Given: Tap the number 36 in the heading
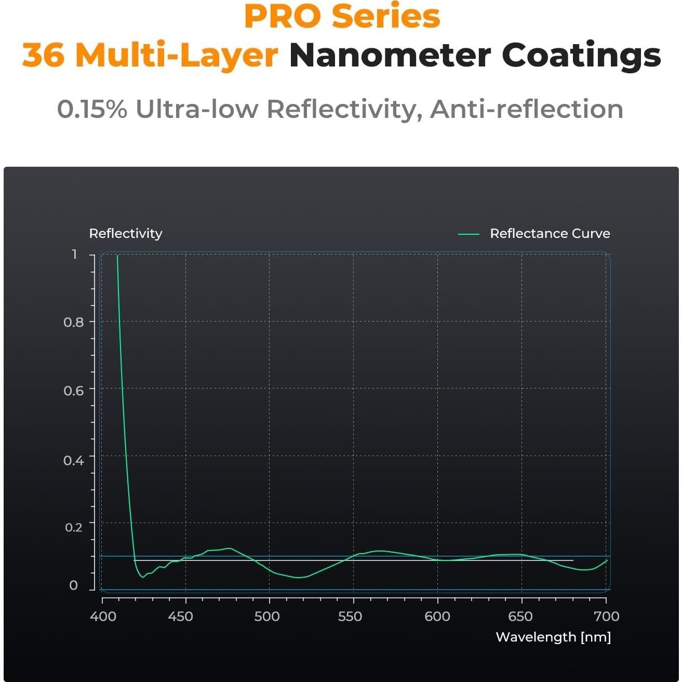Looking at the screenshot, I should (x=43, y=55).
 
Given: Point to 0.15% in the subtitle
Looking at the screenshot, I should (x=92, y=109).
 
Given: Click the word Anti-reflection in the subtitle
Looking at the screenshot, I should (x=526, y=109).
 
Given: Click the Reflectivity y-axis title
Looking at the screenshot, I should (x=126, y=234).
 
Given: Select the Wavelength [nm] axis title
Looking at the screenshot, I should (x=553, y=637).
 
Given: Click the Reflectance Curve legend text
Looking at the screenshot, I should (x=550, y=234).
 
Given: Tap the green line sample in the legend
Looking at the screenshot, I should (x=469, y=234).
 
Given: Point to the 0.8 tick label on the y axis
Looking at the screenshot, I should (x=74, y=322).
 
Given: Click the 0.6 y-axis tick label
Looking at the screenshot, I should (x=74, y=391).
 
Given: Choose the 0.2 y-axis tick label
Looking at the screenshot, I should (x=74, y=527).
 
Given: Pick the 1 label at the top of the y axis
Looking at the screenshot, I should (x=75, y=254).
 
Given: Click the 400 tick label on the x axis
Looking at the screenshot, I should (x=103, y=617).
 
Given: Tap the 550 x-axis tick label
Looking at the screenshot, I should (x=350, y=617).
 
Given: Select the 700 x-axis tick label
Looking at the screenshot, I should (x=607, y=617).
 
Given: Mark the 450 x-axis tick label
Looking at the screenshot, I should (x=180, y=617).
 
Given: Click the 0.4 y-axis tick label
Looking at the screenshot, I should (x=74, y=460).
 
